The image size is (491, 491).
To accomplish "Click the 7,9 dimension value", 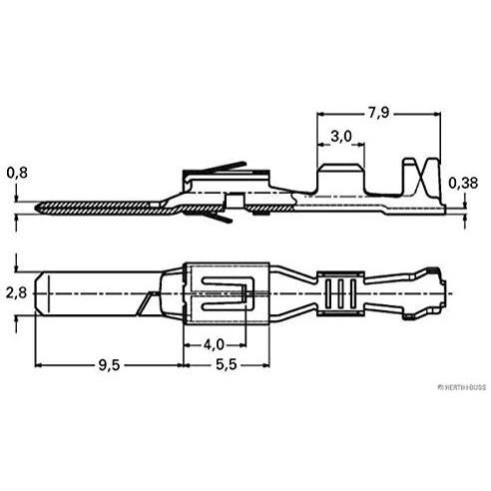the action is [378, 113].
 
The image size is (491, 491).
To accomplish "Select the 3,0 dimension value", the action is [341, 137].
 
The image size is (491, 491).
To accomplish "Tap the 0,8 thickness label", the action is [17, 173].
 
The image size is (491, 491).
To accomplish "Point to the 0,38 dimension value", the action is [463, 183].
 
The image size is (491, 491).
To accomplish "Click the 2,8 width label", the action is [16, 293].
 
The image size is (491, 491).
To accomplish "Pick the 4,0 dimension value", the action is [214, 344].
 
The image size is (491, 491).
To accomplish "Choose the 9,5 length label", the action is [109, 365].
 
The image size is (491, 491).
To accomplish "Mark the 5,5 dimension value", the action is [227, 364].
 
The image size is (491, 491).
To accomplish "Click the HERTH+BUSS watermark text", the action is [462, 387].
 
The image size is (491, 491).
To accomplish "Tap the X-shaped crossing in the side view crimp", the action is [422, 177].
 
